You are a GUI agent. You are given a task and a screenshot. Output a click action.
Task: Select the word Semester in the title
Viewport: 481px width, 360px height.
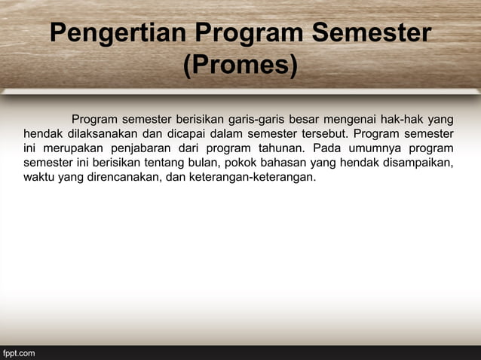click(372, 35)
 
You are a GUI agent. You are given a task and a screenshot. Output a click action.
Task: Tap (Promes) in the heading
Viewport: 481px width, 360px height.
click(240, 66)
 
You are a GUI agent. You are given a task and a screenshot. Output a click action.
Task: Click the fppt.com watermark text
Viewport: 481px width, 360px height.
click(19, 352)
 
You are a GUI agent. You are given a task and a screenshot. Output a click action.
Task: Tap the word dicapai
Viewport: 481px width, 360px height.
click(191, 133)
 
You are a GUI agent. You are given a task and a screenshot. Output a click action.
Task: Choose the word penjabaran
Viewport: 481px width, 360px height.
click(150, 148)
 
